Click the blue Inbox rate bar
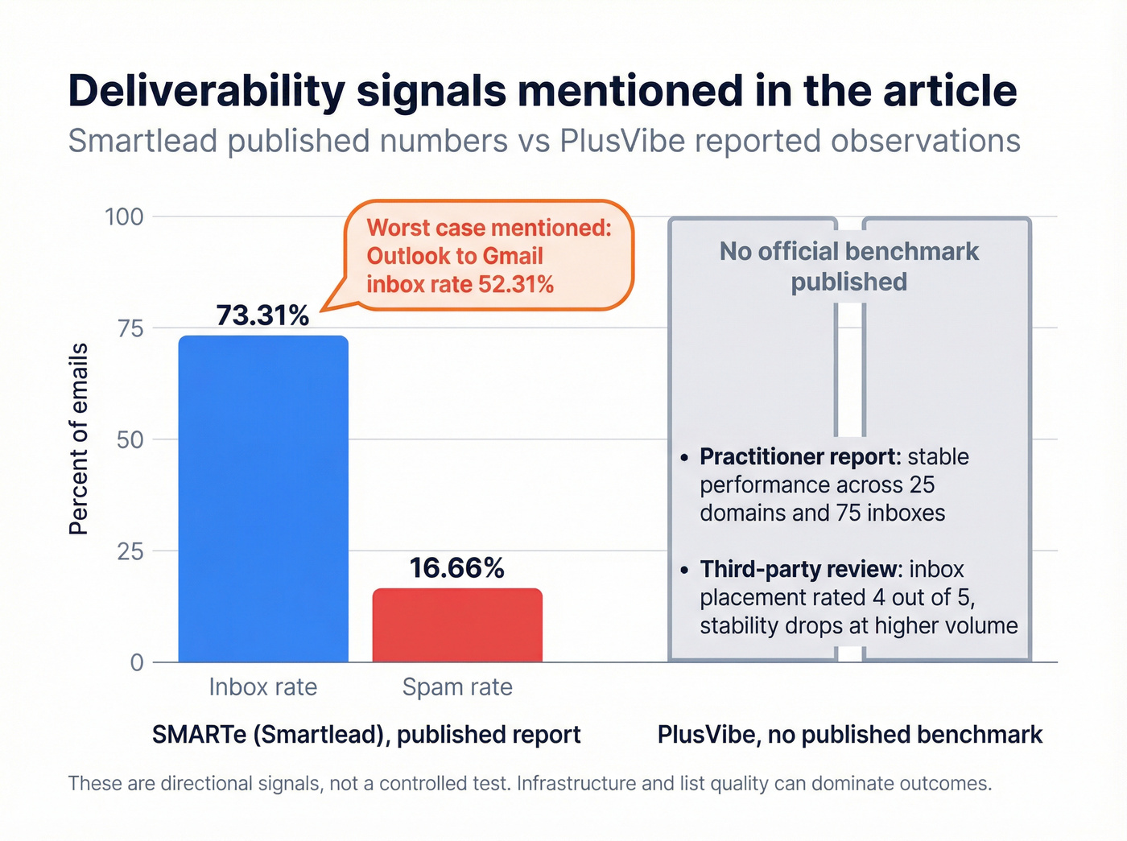pyautogui.click(x=263, y=499)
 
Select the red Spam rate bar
pyautogui.click(x=457, y=625)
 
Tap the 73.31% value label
pyautogui.click(x=262, y=315)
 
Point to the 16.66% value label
pyautogui.click(x=456, y=568)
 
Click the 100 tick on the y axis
pyautogui.click(x=124, y=216)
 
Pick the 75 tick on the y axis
pyautogui.click(x=130, y=328)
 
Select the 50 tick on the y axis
pyautogui.click(x=130, y=439)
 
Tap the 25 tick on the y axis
pyautogui.click(x=130, y=551)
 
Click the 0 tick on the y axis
pyautogui.click(x=137, y=662)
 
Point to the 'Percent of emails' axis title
pyautogui.click(x=78, y=439)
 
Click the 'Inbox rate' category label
pyautogui.click(x=263, y=687)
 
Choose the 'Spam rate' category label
pyautogui.click(x=457, y=687)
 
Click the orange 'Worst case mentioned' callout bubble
pyautogui.click(x=489, y=255)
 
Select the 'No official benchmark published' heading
pyautogui.click(x=848, y=266)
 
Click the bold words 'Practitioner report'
pyautogui.click(x=799, y=457)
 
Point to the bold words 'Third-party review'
pyautogui.click(x=799, y=570)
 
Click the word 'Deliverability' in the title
pyautogui.click(x=206, y=90)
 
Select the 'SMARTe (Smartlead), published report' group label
pyautogui.click(x=366, y=735)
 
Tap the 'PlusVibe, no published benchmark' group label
pyautogui.click(x=849, y=735)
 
